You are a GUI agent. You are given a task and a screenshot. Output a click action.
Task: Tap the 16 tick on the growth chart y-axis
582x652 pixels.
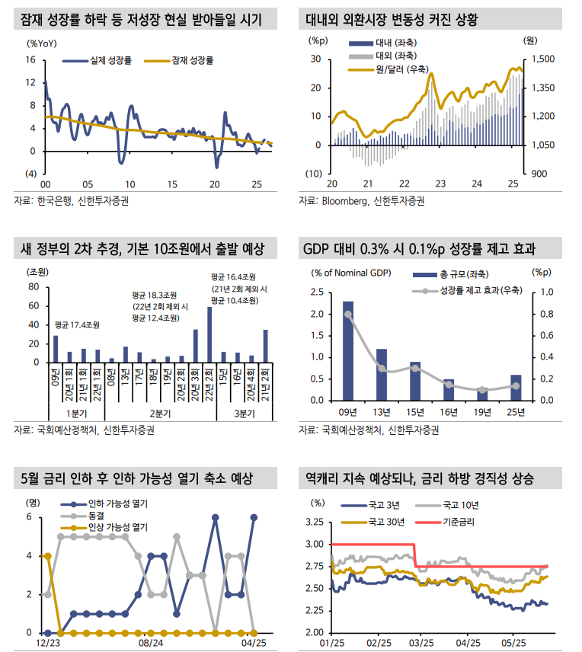30,59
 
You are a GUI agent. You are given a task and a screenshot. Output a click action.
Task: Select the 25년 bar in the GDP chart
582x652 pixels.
516,387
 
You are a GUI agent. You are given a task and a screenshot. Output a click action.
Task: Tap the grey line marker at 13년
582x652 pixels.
382,369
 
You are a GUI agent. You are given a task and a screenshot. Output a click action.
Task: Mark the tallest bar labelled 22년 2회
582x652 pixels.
209,335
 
